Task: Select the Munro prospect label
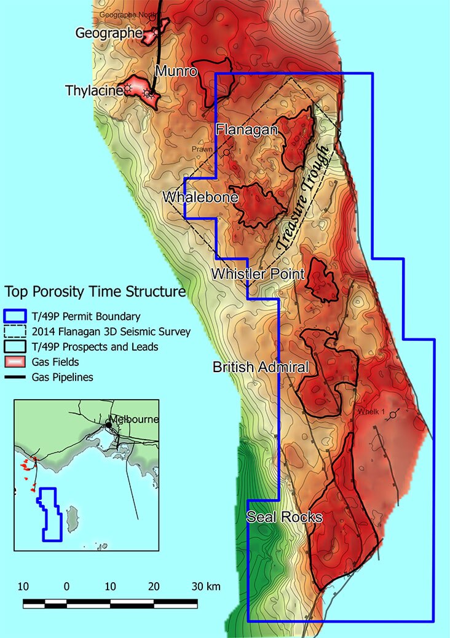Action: pos(176,72)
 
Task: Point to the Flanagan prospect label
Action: pos(247,130)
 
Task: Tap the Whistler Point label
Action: pos(258,274)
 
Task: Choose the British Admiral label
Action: pos(260,367)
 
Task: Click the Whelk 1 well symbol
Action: pos(393,416)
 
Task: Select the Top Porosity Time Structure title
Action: pos(95,290)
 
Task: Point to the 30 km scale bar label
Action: pos(205,586)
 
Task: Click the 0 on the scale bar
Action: pos(66,586)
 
